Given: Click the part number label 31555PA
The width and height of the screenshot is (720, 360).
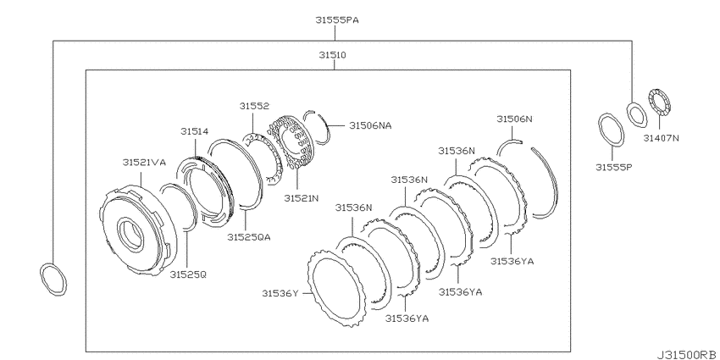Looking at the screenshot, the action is coord(336,20).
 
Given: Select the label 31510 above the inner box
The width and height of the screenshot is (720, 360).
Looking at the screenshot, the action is coord(333,55).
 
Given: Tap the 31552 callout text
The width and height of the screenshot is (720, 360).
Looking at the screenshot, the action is coord(253,106).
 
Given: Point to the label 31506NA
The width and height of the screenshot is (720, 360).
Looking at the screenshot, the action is coord(370,125).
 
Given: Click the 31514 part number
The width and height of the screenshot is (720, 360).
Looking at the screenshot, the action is coord(194,132).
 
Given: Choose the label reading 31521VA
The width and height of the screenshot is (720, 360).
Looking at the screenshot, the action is coord(144,163).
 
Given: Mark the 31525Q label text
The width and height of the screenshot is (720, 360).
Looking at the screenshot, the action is coord(188,274).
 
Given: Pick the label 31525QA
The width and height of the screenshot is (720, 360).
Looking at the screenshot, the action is coord(248,237).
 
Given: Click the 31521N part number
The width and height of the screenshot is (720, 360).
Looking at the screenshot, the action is coord(302,198).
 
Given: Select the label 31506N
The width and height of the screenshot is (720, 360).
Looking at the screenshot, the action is coord(514,119).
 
